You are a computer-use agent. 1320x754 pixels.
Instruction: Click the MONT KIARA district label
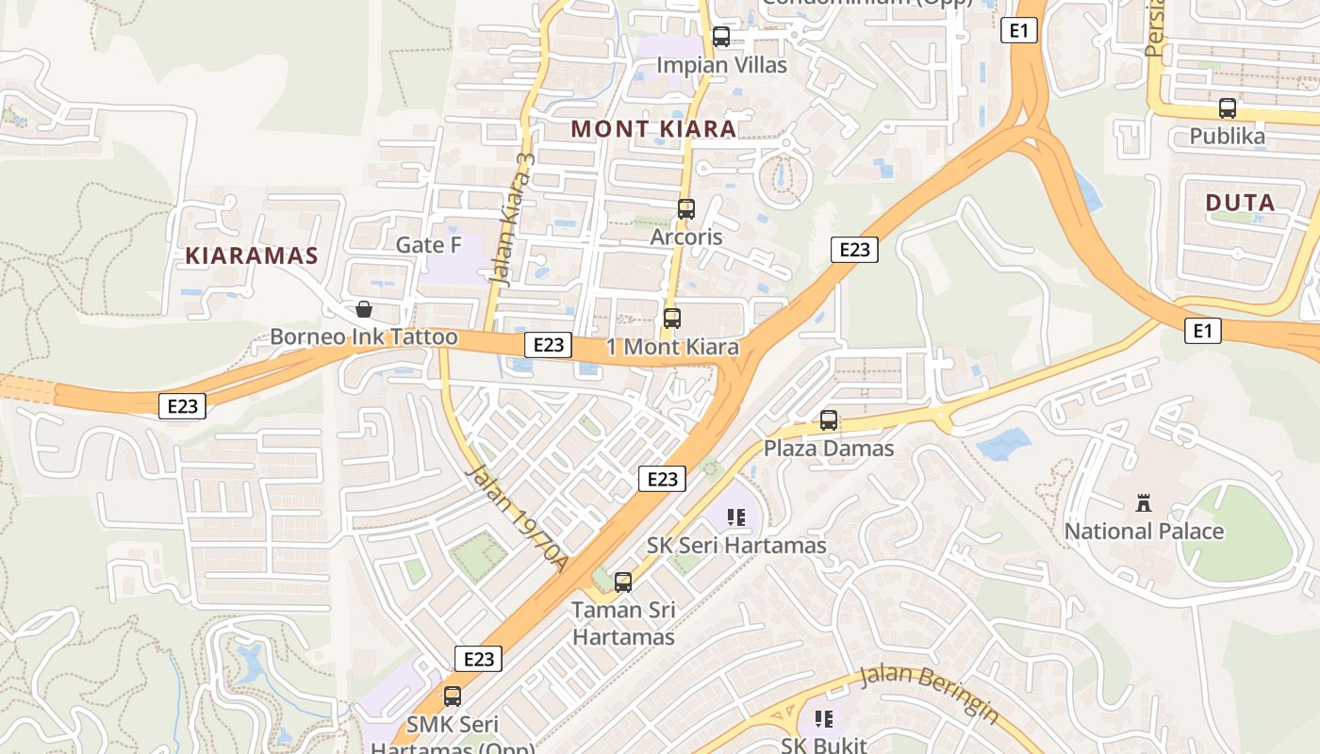(653, 129)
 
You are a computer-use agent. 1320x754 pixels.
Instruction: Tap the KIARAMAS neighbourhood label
(252, 255)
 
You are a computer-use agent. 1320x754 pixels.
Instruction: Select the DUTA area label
(1240, 203)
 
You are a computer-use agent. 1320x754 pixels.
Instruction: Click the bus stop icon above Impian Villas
(721, 38)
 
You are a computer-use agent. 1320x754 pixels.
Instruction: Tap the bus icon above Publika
(1227, 108)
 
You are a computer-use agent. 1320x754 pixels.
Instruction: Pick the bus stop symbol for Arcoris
(686, 209)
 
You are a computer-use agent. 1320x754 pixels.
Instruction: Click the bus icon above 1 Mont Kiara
(672, 319)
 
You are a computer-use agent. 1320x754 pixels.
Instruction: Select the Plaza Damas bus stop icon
(829, 420)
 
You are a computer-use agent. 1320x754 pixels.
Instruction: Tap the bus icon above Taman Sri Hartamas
(623, 582)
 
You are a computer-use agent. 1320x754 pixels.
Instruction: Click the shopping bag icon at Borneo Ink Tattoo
(363, 309)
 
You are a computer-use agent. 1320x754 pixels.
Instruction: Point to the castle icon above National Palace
(1144, 503)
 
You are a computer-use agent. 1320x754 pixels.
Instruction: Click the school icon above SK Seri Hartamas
(736, 517)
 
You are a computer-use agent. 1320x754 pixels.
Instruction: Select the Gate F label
(429, 245)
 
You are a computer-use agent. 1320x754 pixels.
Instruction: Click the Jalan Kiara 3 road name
(513, 219)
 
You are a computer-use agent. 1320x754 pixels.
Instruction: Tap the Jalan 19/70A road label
(518, 518)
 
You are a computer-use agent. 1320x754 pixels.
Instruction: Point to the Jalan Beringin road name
(930, 693)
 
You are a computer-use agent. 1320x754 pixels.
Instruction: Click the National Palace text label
(1144, 532)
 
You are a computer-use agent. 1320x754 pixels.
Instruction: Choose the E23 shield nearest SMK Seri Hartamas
(479, 659)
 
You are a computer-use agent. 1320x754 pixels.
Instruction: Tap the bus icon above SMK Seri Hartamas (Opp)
(453, 697)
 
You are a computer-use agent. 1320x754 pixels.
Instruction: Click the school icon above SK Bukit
(824, 720)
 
